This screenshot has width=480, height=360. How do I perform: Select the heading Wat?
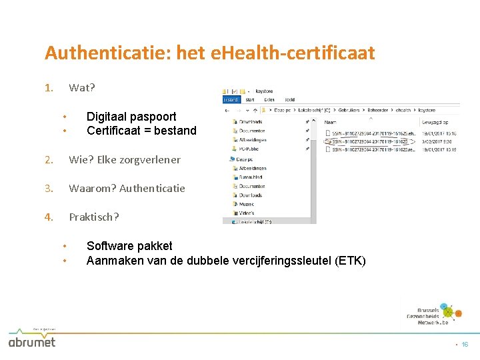click(x=82, y=88)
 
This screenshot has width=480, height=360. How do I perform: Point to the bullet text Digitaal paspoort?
click(x=131, y=117)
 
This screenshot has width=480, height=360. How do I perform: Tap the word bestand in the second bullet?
click(x=175, y=131)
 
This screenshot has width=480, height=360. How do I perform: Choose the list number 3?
click(x=48, y=189)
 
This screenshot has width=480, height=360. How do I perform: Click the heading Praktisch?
click(x=94, y=217)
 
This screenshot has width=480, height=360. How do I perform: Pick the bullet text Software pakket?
click(x=129, y=246)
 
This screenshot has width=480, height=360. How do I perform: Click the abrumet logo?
click(x=31, y=341)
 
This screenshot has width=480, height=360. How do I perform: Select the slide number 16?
click(x=465, y=345)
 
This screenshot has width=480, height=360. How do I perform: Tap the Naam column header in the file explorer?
click(x=330, y=122)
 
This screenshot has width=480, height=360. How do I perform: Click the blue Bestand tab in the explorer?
click(x=231, y=100)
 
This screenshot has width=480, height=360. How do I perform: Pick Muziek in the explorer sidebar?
click(x=246, y=204)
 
